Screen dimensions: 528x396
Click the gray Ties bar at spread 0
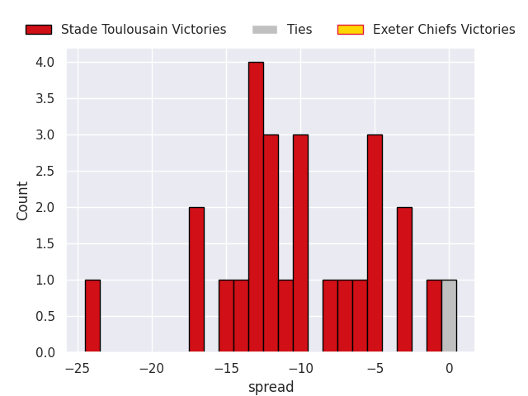[449, 316]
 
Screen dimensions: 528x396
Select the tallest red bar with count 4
[257, 207]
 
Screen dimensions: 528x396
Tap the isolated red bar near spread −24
[92, 316]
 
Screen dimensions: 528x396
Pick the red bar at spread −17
[196, 280]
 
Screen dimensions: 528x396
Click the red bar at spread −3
[404, 280]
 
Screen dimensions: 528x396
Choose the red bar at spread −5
[375, 243]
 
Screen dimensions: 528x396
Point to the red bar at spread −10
[300, 243]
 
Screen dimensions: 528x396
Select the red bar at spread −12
[271, 243]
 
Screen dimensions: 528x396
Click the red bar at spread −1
[435, 316]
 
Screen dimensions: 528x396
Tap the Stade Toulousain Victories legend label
[144, 30]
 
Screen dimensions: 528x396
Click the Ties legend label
[299, 30]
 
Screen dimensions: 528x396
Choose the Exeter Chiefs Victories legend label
[444, 30]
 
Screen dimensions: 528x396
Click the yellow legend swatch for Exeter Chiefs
[351, 30]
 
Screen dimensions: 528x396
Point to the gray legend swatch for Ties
[265, 30]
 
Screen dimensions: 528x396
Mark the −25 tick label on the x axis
[78, 369]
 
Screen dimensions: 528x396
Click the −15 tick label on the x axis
[226, 369]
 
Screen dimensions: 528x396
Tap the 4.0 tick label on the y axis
[45, 63]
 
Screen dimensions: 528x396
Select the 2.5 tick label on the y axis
[45, 172]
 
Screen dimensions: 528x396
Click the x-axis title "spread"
[271, 387]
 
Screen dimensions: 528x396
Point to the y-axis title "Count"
[22, 201]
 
